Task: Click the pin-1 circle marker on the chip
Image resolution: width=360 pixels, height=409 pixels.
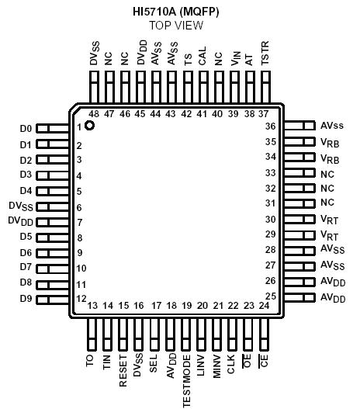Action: (90, 125)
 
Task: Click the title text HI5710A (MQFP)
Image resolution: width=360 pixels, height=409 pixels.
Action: (176, 11)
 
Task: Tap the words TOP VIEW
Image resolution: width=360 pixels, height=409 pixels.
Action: (176, 25)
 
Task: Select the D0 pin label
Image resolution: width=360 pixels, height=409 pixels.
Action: (26, 128)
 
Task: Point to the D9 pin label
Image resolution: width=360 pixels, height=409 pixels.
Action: (26, 299)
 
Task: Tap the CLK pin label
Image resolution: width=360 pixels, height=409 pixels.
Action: (233, 363)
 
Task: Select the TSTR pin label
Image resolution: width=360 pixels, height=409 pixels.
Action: (265, 57)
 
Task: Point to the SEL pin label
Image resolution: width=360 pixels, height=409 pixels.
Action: (154, 363)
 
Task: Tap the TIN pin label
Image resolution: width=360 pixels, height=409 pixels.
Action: (107, 363)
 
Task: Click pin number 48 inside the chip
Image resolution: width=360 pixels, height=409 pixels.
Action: (93, 113)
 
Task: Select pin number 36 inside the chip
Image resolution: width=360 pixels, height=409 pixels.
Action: (271, 126)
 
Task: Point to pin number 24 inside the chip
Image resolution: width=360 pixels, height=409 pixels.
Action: (265, 306)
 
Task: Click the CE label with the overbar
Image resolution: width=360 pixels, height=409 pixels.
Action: (265, 361)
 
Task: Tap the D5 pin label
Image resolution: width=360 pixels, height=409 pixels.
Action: (26, 237)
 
